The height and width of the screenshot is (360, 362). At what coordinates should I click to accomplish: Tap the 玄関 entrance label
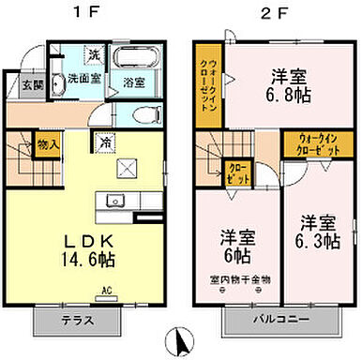coord(32,83)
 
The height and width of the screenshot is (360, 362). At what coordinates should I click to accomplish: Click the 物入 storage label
coord(49,145)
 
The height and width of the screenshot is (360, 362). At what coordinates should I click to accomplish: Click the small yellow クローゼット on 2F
coord(234,172)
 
